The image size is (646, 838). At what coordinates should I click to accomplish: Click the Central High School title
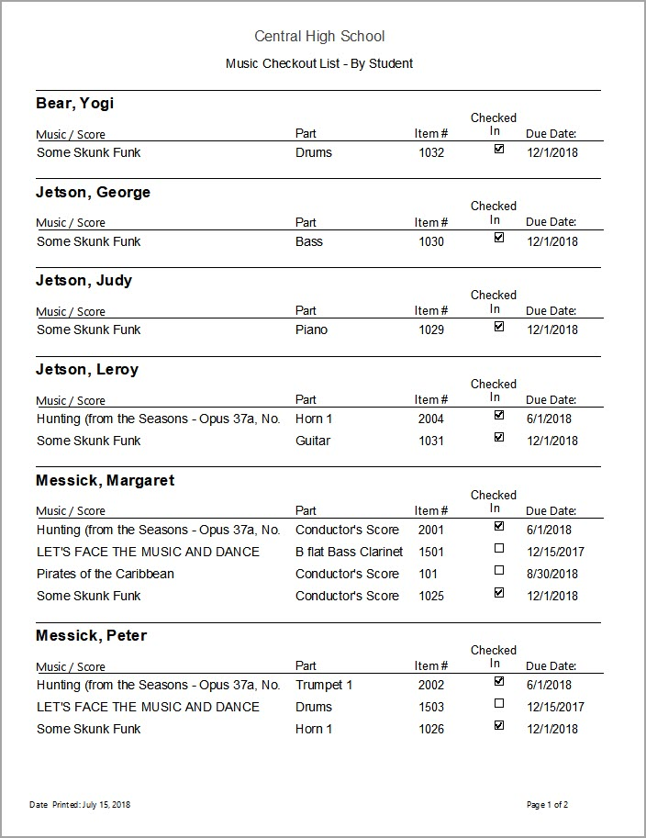319,37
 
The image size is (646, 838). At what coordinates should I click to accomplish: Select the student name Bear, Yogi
75,104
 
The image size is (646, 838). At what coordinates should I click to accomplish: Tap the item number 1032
431,153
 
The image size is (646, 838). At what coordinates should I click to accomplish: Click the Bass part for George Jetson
309,241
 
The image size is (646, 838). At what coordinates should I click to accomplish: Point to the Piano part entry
311,330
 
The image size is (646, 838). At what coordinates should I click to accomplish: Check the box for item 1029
499,327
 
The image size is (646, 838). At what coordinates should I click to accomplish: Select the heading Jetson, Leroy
87,370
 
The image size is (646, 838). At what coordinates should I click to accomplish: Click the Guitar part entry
313,441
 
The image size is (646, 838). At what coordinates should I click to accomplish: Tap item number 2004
431,419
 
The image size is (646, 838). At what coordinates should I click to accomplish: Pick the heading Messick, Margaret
105,481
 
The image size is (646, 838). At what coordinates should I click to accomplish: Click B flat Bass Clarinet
349,552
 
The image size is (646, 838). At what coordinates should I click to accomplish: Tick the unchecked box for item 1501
499,549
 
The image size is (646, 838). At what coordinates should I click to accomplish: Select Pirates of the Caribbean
106,574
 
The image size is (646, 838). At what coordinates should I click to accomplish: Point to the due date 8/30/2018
552,575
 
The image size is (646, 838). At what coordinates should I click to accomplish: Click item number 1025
431,596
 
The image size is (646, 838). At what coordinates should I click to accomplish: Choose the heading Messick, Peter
91,636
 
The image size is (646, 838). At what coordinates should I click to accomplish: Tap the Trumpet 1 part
324,685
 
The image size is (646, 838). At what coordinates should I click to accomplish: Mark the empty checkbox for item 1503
499,704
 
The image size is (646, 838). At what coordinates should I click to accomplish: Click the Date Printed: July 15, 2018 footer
80,805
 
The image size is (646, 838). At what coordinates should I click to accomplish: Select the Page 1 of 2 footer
548,805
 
